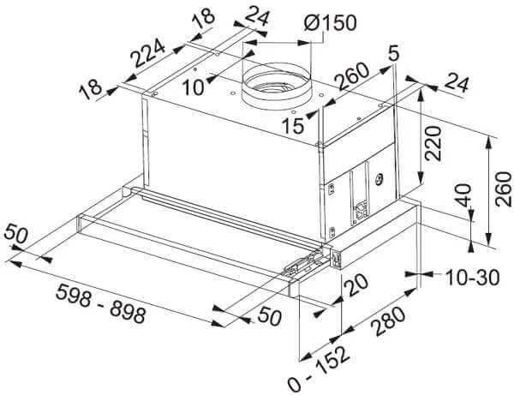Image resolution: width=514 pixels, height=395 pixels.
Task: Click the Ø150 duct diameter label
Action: click(x=330, y=22)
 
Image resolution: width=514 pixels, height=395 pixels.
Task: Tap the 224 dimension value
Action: click(x=147, y=52)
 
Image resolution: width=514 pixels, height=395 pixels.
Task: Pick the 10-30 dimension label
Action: click(x=472, y=278)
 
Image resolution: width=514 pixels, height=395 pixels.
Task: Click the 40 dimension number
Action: click(x=463, y=195)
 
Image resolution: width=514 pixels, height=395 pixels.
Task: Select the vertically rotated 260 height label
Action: click(x=503, y=189)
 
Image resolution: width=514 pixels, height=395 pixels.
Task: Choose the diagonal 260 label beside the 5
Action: click(x=353, y=76)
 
